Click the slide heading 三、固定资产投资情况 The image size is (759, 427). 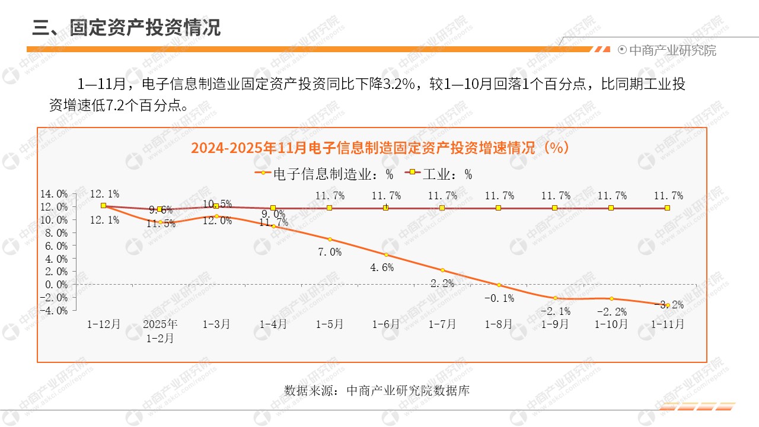coord(126,27)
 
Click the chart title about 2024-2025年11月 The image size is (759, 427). coord(380,148)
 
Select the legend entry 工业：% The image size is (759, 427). coord(439,174)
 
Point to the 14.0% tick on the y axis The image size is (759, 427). coord(54,194)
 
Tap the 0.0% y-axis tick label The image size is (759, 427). coord(56,285)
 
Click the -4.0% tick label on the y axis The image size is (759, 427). coord(54,310)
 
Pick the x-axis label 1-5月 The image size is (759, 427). coord(330,324)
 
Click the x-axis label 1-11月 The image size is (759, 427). coord(668,324)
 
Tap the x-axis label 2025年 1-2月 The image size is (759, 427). coord(160,331)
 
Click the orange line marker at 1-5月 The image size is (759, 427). coord(330,240)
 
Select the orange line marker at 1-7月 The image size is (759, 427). coord(442,270)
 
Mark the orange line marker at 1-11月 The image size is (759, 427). coord(668,305)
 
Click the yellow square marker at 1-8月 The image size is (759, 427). coord(499,208)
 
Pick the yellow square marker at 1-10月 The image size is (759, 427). coord(611,208)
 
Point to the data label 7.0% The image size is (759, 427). coord(330,252)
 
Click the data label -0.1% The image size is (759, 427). coord(499,298)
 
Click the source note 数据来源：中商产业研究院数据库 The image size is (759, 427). coord(377,391)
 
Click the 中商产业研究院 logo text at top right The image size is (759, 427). coord(672,50)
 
